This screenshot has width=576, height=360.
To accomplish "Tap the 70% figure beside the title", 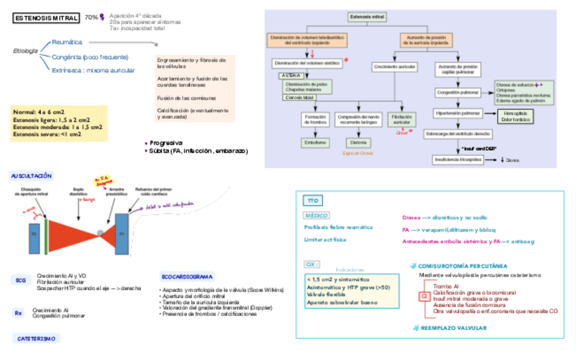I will click(91, 18).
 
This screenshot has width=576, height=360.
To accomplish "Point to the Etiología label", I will click(26, 52).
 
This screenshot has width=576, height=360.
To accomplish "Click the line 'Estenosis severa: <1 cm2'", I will click(47, 134).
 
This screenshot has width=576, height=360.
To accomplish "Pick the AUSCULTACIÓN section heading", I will click(31, 176).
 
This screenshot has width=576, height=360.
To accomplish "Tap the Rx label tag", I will click(19, 313).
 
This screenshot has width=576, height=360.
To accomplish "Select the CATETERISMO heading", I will click(34, 338).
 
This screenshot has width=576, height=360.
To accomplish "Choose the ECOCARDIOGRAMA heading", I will click(187, 276).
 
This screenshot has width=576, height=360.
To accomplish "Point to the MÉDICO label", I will click(317, 215).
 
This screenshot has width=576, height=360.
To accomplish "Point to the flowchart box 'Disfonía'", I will click(357, 143).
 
